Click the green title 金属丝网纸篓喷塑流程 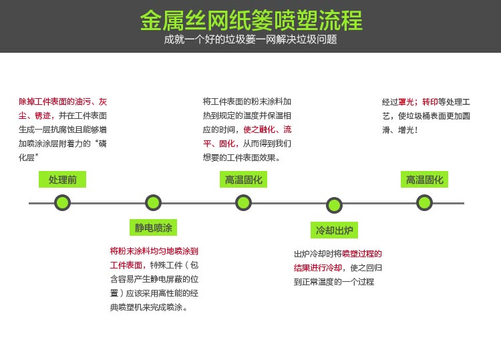tap(251, 21)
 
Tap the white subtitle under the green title tap(251, 39)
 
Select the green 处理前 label tap(62, 180)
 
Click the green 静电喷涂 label tap(153, 228)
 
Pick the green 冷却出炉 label tap(334, 230)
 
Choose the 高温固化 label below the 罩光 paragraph tap(424, 180)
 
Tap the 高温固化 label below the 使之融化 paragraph tap(243, 180)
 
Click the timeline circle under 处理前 tap(62, 203)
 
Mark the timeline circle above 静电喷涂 tap(153, 203)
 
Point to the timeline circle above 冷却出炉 tap(334, 205)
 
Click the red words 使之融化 tap(259, 130)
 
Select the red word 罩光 tap(405, 102)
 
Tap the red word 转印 tap(430, 102)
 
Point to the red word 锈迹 tap(43, 116)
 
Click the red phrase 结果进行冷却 tap(318, 268)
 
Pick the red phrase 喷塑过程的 tap(362, 254)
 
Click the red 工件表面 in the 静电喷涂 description tap(126, 265)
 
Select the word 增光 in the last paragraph tap(406, 130)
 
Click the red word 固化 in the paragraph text tap(227, 144)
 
